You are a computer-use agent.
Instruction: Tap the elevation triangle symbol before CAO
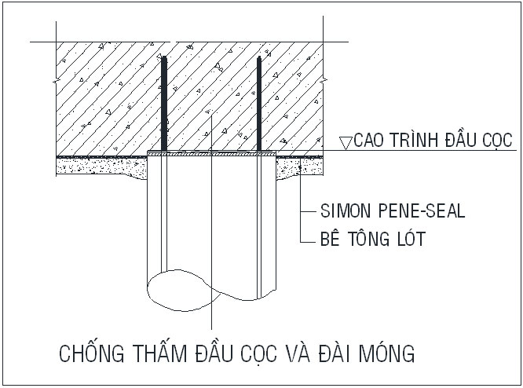pyautogui.click(x=345, y=142)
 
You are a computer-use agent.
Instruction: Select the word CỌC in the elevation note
pyautogui.click(x=496, y=141)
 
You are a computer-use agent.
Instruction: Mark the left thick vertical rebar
pyautogui.click(x=165, y=106)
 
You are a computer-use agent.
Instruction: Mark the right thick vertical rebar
pyautogui.click(x=258, y=106)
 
